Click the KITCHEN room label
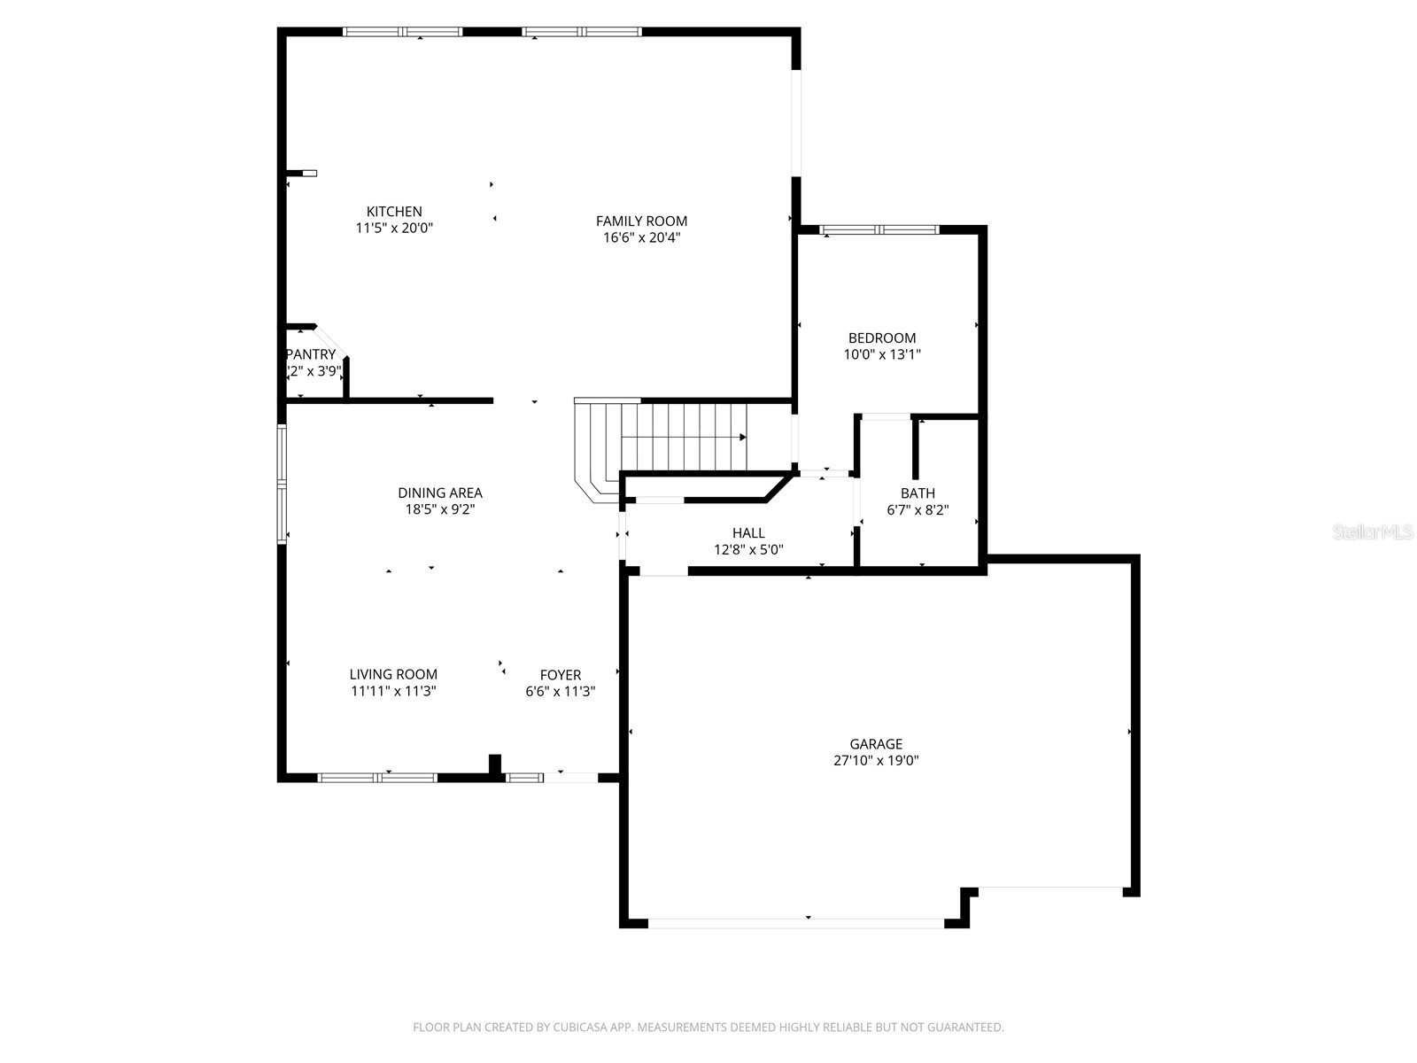pyautogui.click(x=394, y=212)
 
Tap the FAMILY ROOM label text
pyautogui.click(x=641, y=221)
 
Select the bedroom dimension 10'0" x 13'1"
pyautogui.click(x=882, y=354)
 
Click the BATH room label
pyautogui.click(x=918, y=493)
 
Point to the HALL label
pyautogui.click(x=748, y=533)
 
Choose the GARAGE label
pyautogui.click(x=876, y=744)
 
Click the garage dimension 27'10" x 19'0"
pyautogui.click(x=876, y=761)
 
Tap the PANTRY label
pyautogui.click(x=312, y=354)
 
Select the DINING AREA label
pyautogui.click(x=440, y=493)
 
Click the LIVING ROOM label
pyautogui.click(x=393, y=675)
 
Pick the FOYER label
pyautogui.click(x=561, y=675)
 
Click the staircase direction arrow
pyautogui.click(x=741, y=437)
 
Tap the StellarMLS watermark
pyautogui.click(x=1373, y=532)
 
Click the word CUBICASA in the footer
pyautogui.click(x=582, y=1028)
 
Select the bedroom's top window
pyautogui.click(x=879, y=230)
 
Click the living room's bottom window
pyautogui.click(x=377, y=778)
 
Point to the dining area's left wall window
pyautogui.click(x=282, y=483)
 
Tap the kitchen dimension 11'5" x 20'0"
pyautogui.click(x=394, y=229)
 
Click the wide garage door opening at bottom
pyautogui.click(x=796, y=923)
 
